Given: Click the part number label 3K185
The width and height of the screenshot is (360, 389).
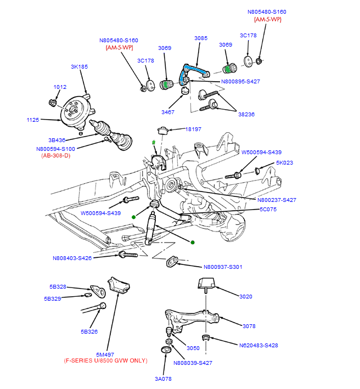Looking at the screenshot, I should click(x=79, y=67).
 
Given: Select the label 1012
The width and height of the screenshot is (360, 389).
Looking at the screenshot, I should click(x=60, y=87).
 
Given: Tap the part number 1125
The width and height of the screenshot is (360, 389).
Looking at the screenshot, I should click(x=33, y=119).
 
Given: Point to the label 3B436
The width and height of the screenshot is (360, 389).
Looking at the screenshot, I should click(x=57, y=140).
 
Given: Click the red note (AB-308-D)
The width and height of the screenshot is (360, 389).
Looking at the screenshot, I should click(x=55, y=155).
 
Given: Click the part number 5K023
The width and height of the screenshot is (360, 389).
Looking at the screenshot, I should click(x=285, y=163).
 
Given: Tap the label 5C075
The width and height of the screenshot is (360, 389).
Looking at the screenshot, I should click(x=268, y=209).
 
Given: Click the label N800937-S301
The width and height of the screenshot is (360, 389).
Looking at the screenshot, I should click(x=222, y=267).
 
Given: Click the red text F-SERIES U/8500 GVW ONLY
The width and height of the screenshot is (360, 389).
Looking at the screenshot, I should click(x=106, y=360).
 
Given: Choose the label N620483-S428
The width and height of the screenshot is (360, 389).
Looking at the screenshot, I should click(x=266, y=346).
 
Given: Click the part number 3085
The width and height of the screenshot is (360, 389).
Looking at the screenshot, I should click(x=201, y=38).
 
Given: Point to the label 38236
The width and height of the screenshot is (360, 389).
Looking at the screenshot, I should click(x=246, y=115).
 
